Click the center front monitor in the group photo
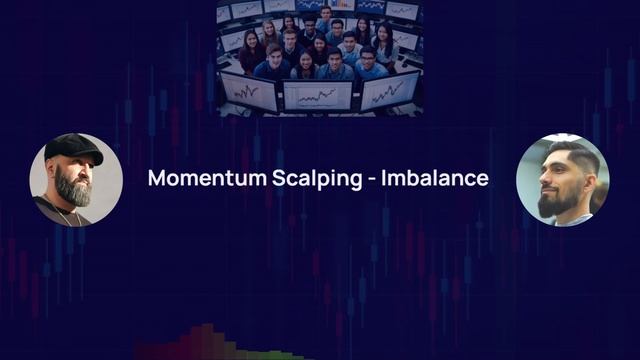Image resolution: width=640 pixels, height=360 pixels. pyautogui.click(x=317, y=95)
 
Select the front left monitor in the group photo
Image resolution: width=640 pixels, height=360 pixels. pyautogui.click(x=248, y=90)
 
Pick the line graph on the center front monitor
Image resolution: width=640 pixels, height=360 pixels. pyautogui.click(x=317, y=96)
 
